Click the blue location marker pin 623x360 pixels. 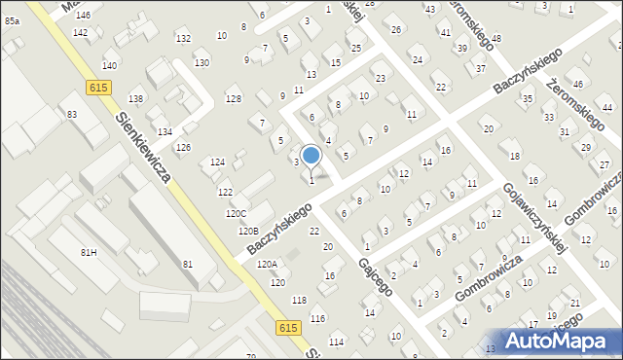[311, 156]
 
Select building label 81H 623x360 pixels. [89, 252]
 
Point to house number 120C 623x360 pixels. [236, 214]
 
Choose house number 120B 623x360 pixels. [248, 232]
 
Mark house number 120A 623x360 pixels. [267, 264]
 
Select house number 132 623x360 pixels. [183, 38]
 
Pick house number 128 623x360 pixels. [233, 99]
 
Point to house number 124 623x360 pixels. [217, 162]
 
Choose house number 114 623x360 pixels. [337, 342]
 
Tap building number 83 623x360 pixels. [72, 115]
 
